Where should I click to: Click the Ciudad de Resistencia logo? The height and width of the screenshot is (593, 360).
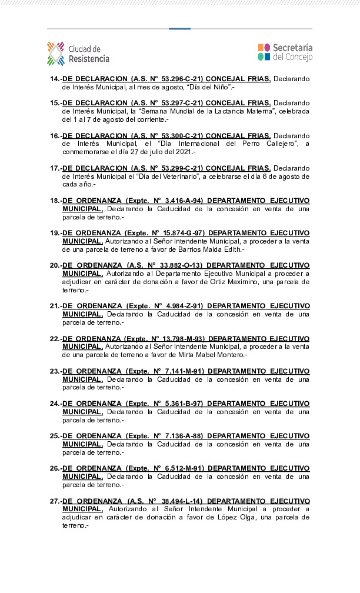pos(78,54)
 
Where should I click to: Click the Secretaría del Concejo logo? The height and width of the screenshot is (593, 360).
pos(285,52)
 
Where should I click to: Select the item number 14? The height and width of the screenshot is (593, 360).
pos(55,79)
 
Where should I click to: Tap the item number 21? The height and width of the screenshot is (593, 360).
pos(55,306)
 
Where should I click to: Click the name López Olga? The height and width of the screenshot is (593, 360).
pos(235,517)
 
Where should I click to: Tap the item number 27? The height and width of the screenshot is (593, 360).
pos(55,501)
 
